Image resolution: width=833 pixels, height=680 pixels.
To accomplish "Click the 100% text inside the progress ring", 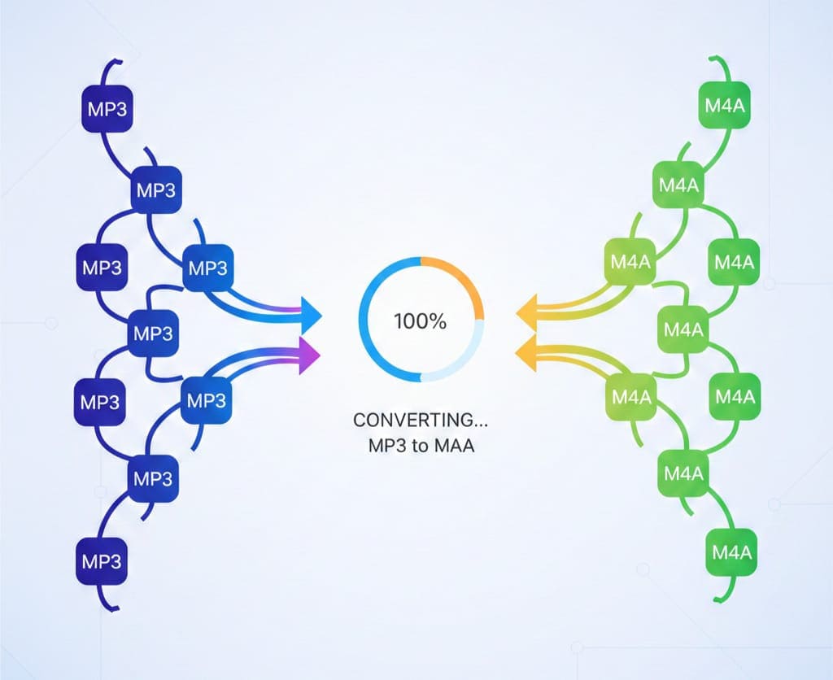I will [x=420, y=320].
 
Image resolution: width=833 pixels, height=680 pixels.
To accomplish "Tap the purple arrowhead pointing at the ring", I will [x=309, y=355].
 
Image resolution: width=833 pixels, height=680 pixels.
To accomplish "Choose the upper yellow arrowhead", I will [x=526, y=312].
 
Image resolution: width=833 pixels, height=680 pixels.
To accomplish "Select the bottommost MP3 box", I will [x=101, y=560].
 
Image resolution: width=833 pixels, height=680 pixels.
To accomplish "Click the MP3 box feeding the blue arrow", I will [x=207, y=266].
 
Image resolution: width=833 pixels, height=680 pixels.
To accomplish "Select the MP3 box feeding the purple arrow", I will [x=206, y=399].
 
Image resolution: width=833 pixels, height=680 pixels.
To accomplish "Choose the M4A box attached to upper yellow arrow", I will [x=631, y=263].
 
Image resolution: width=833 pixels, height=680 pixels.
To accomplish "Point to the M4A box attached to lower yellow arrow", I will [x=631, y=397].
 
